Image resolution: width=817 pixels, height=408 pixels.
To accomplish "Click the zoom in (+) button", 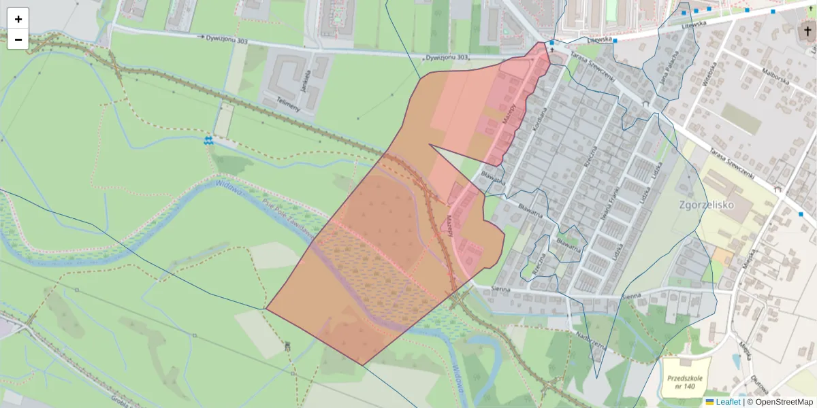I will tap(18, 19).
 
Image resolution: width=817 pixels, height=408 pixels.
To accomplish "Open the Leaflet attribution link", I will tap(728, 402).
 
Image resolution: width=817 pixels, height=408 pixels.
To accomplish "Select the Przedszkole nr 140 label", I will tap(686, 382).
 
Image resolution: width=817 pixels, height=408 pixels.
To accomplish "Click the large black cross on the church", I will tap(807, 31).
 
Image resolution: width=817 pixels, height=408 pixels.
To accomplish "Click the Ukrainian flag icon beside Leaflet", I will tap(709, 402).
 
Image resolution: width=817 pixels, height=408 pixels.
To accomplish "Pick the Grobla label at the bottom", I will tap(121, 402).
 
